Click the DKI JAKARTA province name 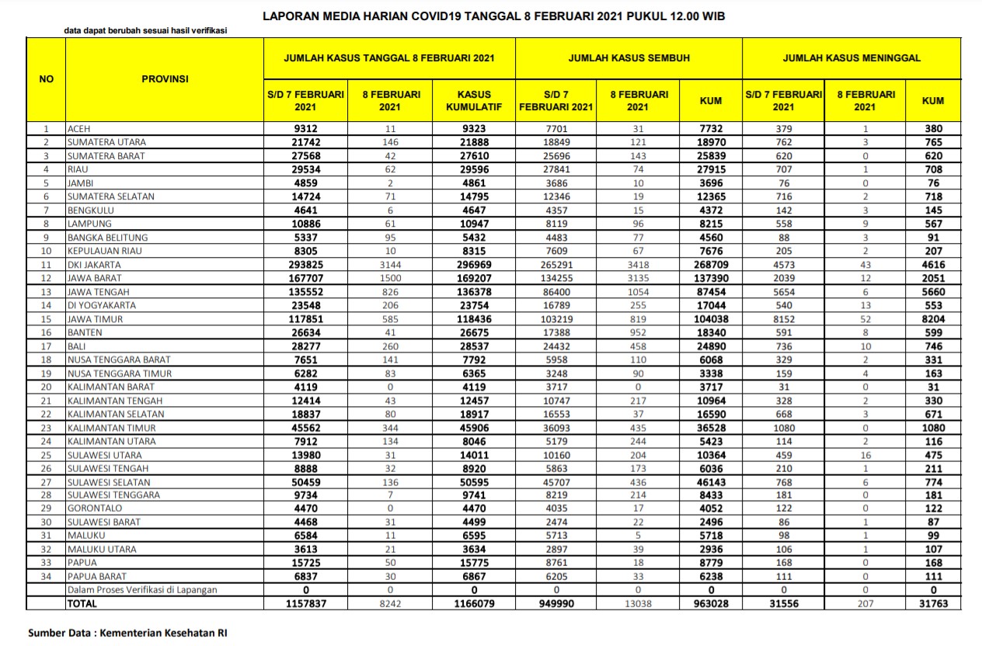coord(94,265)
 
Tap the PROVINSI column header coord(165,78)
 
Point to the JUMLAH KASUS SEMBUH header coord(629,58)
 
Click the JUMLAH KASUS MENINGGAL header coord(851,58)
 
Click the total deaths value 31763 coord(932,603)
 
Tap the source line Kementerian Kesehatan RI coord(127,633)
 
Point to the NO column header coord(47,78)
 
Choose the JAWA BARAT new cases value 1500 coord(392,278)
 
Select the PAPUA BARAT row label coord(96,576)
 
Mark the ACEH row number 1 coord(47,129)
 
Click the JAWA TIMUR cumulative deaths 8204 coord(932,319)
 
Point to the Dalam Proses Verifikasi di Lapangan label coord(141,590)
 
